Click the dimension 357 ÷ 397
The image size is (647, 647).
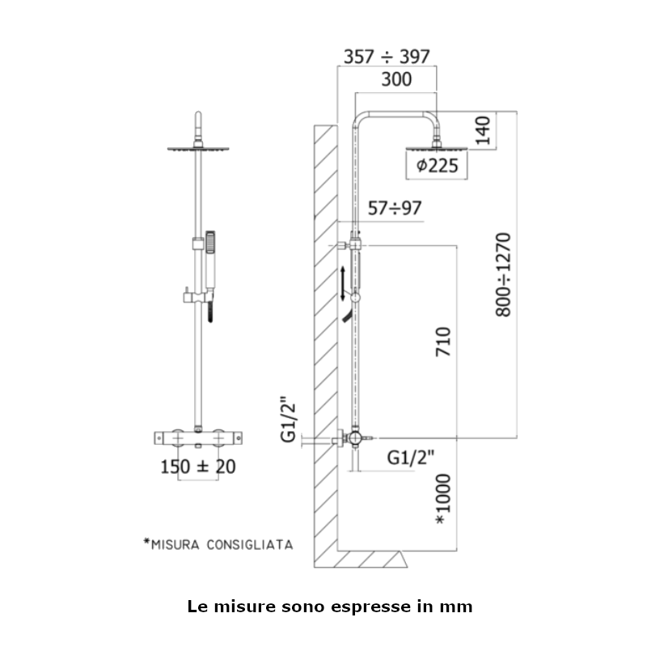387,57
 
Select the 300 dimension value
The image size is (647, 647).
396,79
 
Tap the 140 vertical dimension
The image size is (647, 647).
483,130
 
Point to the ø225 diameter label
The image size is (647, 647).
437,166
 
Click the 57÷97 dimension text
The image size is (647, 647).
395,208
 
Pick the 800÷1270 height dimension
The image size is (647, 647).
503,275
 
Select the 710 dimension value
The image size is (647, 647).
443,341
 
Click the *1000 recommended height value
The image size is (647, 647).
443,499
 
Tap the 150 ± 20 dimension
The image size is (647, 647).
198,467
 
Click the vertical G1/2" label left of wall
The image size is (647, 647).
289,420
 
